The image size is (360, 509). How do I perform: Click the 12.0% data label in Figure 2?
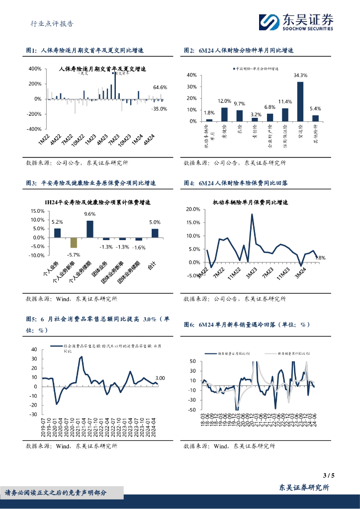coord(225,101)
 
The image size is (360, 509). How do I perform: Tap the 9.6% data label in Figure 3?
coord(90,214)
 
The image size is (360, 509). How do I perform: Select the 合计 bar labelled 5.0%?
coord(155,233)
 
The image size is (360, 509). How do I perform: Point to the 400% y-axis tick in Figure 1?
coord(34,69)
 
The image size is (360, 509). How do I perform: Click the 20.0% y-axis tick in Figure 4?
coord(192,209)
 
